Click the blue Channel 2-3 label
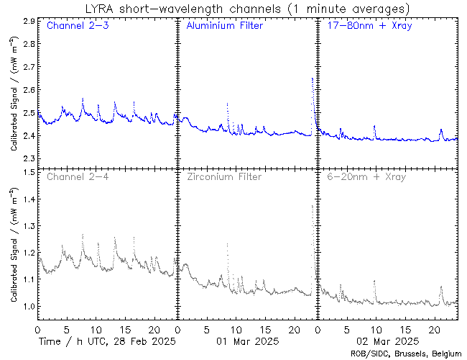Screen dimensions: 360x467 [x=75, y=27]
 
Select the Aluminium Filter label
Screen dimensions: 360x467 [x=224, y=27]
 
